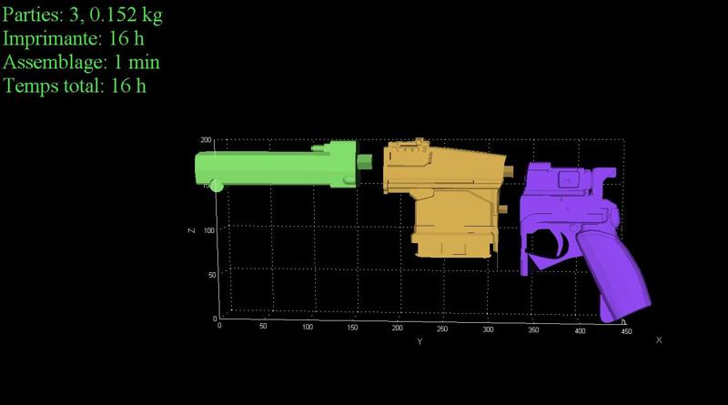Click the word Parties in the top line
[33, 15]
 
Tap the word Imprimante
[52, 39]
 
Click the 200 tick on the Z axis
[206, 140]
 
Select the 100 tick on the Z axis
[209, 230]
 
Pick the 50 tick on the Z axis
[212, 275]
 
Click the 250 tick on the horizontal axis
[442, 329]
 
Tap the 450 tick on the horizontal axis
[626, 331]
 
